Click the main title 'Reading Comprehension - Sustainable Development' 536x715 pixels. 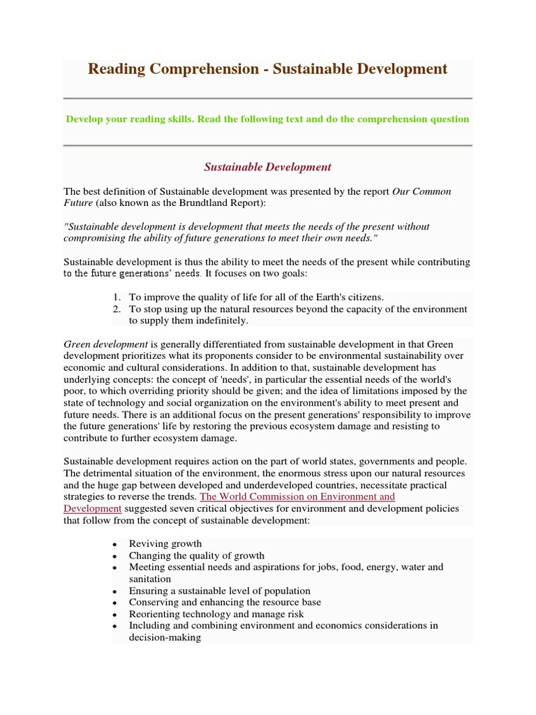[x=267, y=68]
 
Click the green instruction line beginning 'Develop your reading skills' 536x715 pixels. [x=267, y=119]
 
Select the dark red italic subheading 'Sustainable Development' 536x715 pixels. [x=267, y=167]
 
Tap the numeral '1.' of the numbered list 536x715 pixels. [x=117, y=297]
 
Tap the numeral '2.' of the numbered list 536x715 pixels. [x=117, y=309]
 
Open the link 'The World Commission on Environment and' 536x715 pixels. [x=297, y=496]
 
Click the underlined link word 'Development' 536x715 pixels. [x=93, y=508]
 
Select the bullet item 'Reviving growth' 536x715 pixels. [x=165, y=543]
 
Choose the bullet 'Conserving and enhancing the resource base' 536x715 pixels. [x=225, y=602]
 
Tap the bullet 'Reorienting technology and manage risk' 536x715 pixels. [x=216, y=614]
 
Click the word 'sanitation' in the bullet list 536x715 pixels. [x=150, y=579]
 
